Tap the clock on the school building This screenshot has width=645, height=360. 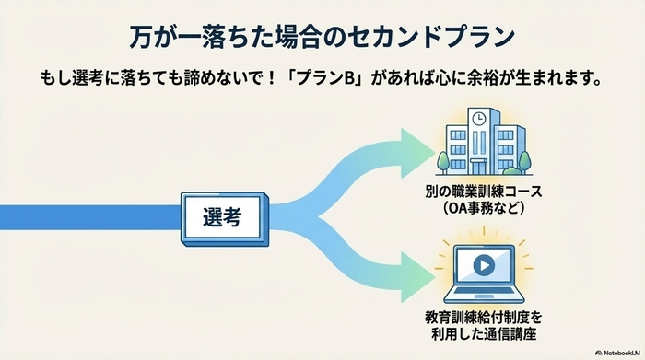click(x=479, y=118)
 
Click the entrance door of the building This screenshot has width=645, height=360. click(x=479, y=164)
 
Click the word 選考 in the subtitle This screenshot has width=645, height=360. click(x=94, y=78)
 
